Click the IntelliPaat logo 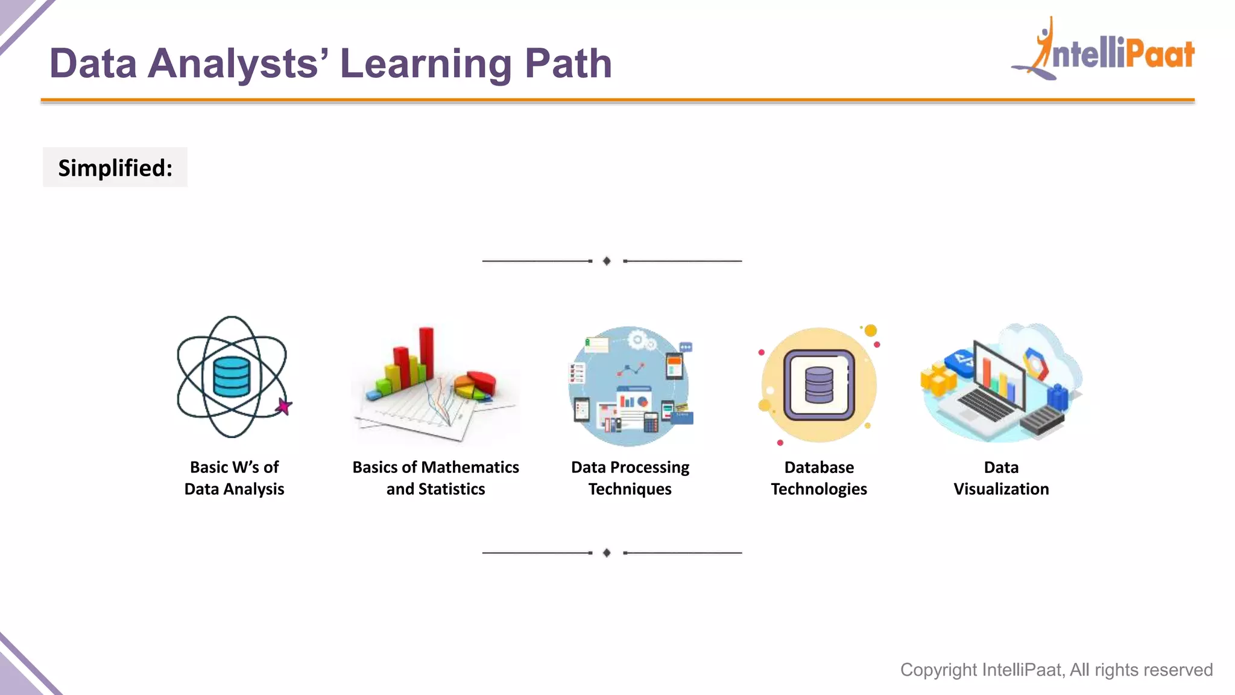pyautogui.click(x=1104, y=51)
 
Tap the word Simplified pyautogui.click(x=115, y=168)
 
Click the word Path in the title pyautogui.click(x=568, y=63)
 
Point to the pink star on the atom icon pyautogui.click(x=283, y=407)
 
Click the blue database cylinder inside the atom pyautogui.click(x=232, y=376)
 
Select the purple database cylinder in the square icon pyautogui.click(x=819, y=385)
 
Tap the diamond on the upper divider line pyautogui.click(x=607, y=261)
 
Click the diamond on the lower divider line pyautogui.click(x=607, y=553)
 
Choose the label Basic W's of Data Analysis pyautogui.click(x=234, y=478)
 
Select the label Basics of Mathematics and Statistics pyautogui.click(x=435, y=478)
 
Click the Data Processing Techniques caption pyautogui.click(x=630, y=478)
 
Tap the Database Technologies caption pyautogui.click(x=819, y=478)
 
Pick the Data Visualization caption pyautogui.click(x=1001, y=478)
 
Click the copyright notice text pyautogui.click(x=1057, y=670)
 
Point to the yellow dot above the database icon pyautogui.click(x=871, y=331)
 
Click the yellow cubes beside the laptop pyautogui.click(x=938, y=378)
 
